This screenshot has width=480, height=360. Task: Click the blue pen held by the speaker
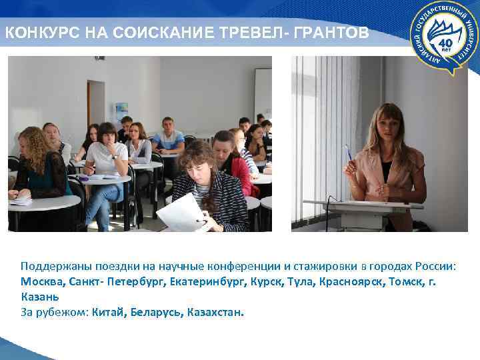347,154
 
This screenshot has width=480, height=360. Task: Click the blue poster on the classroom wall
121,111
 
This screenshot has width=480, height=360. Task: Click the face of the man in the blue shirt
169,126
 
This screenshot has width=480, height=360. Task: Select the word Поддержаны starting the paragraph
56,266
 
